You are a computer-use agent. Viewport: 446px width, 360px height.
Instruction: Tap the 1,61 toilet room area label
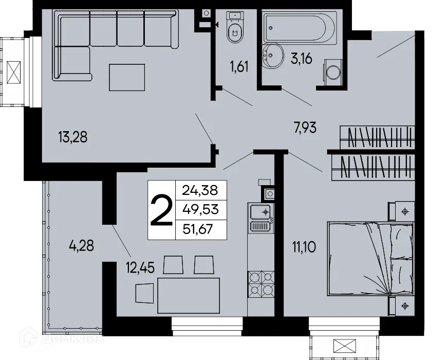239,66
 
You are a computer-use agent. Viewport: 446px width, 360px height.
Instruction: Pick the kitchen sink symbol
261,217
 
